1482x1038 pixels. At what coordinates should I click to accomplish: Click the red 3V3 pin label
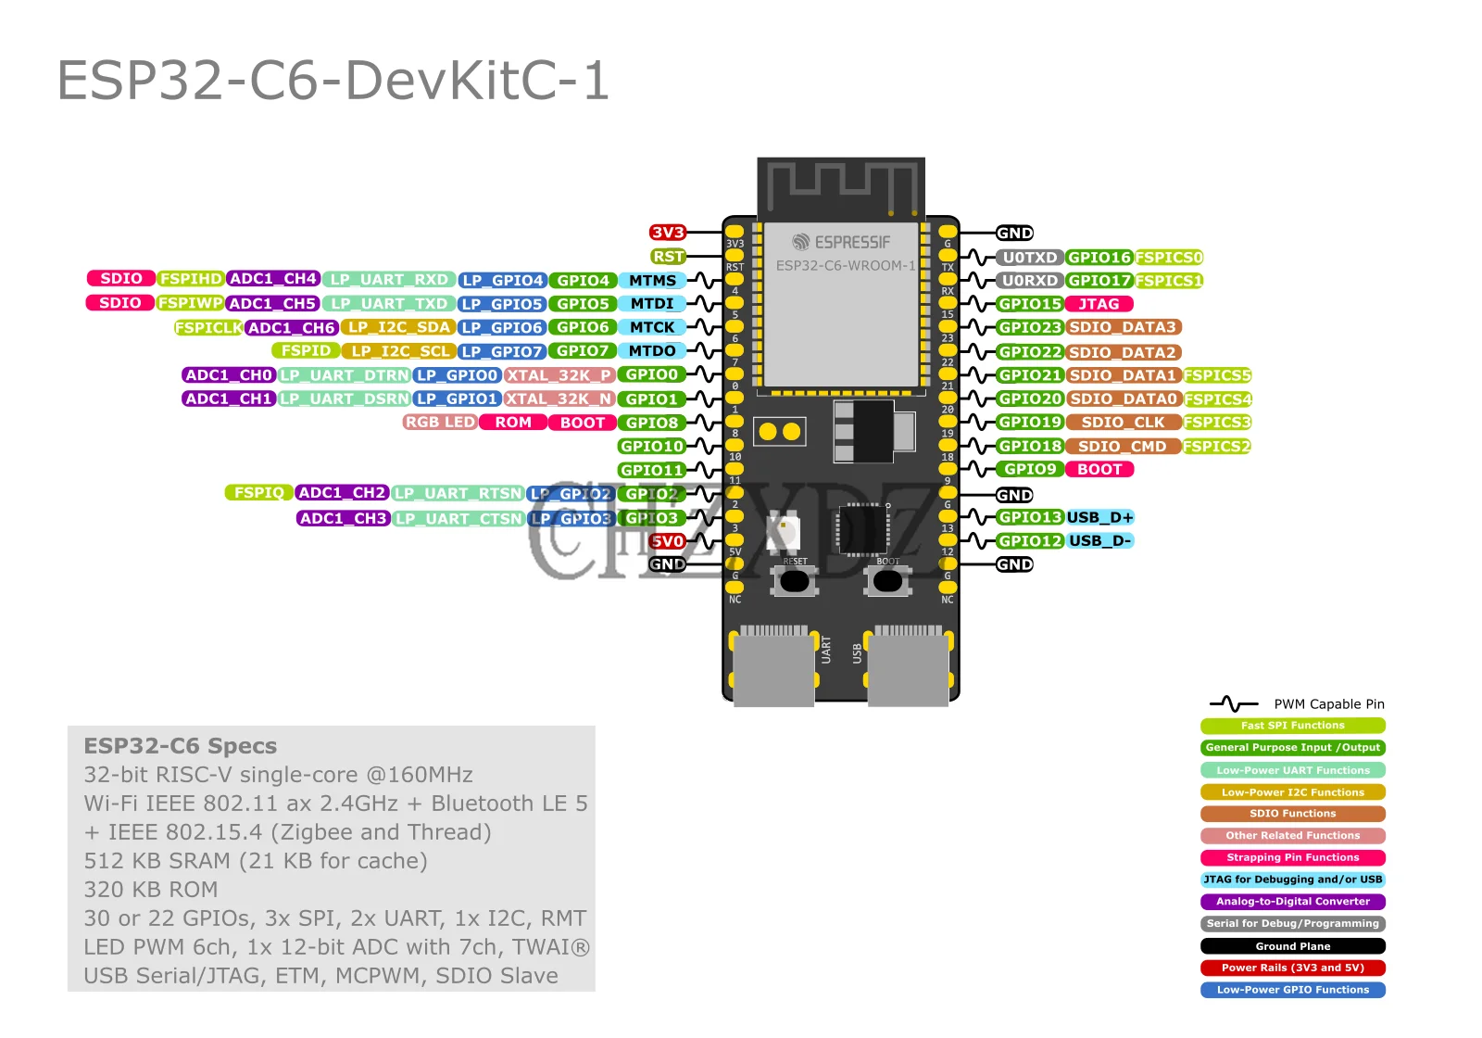667,233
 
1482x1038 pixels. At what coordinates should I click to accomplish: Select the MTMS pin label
652,280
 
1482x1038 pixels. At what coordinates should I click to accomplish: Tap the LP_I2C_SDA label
398,327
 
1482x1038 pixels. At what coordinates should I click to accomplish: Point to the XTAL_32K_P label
559,374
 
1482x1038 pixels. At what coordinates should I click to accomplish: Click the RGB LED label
440,422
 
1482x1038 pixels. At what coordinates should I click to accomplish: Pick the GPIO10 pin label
652,446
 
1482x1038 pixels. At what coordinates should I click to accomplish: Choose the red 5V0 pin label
667,541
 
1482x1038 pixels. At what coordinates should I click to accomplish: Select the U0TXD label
1030,258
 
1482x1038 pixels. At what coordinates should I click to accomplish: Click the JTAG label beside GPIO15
1099,304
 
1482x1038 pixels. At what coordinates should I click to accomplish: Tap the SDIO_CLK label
1123,422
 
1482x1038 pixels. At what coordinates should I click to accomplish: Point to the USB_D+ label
1099,517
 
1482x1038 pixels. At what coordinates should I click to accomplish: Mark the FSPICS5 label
1217,375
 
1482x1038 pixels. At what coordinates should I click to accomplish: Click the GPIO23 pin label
1030,327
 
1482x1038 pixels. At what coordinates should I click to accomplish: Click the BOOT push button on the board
887,581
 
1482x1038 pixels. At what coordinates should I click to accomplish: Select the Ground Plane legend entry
1292,946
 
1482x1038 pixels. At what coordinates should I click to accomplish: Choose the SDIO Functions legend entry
1292,814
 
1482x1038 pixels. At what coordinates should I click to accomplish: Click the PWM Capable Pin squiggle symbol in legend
1233,704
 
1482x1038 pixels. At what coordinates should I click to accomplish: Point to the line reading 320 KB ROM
151,890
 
